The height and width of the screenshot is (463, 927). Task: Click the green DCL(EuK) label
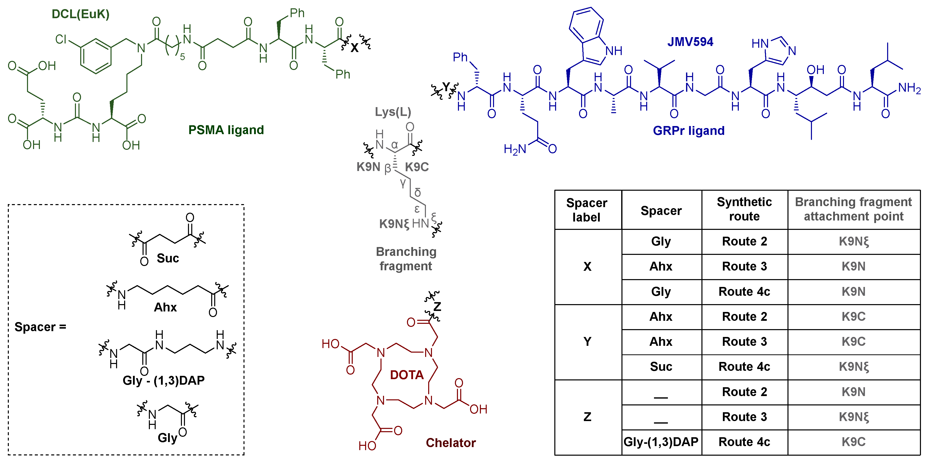click(80, 14)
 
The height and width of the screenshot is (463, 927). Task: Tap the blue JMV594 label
click(690, 42)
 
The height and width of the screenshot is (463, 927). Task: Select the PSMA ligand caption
click(226, 130)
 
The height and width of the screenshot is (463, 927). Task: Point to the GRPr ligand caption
click(688, 130)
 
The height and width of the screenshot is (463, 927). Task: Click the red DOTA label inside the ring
click(407, 375)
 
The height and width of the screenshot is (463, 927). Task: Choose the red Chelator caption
click(451, 443)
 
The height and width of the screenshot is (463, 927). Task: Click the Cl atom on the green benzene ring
click(61, 39)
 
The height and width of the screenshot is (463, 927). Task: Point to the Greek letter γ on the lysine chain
click(403, 182)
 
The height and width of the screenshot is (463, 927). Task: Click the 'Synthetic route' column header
click(744, 209)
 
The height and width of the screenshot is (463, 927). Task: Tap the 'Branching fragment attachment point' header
click(853, 209)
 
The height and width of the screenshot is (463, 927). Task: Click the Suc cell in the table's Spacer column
click(661, 367)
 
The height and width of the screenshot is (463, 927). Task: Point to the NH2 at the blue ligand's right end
click(909, 88)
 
